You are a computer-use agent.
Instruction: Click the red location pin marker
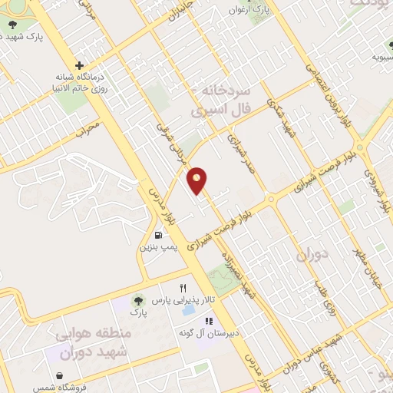tap(198, 180)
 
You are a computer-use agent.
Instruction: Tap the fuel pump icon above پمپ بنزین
tap(158, 236)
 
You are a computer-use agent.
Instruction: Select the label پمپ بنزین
tap(157, 248)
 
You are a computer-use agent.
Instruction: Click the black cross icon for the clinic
tap(80, 65)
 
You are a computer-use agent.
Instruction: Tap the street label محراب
tap(89, 127)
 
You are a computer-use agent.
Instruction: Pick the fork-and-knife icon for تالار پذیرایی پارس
tap(183, 288)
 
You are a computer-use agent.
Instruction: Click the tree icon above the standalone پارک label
tap(138, 301)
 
